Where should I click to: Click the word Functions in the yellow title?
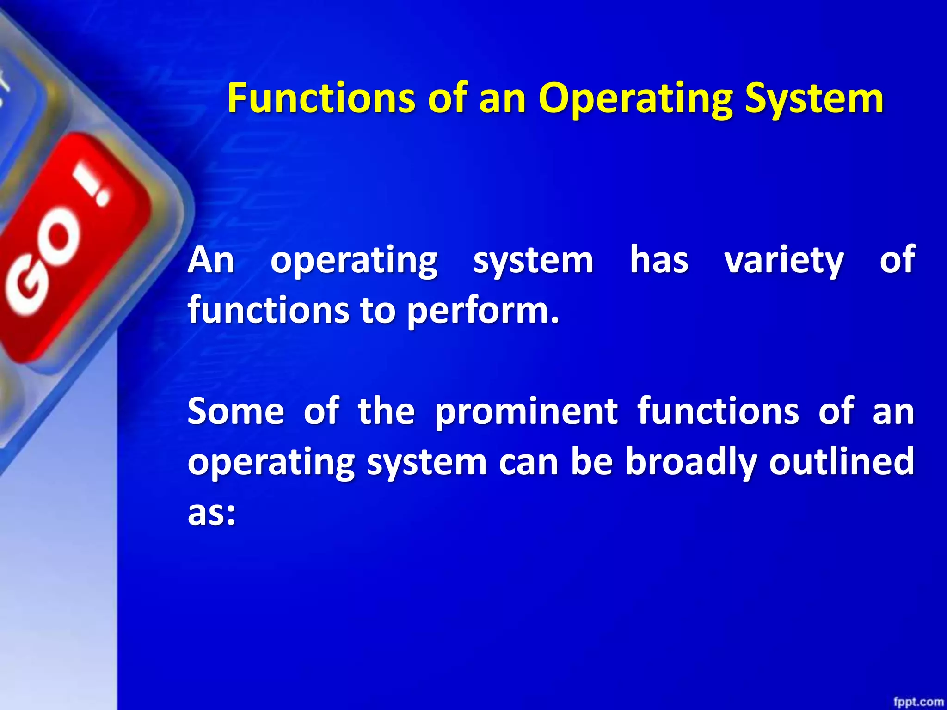coord(321,98)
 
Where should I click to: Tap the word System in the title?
coord(814,98)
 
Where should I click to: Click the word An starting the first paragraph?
coord(211,260)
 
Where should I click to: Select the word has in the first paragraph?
coord(659,260)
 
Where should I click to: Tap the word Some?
coord(236,411)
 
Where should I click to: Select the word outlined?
coord(841,461)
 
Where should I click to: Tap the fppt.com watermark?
coord(918,702)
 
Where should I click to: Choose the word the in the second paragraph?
coord(386,411)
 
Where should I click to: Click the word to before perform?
coord(378,311)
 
